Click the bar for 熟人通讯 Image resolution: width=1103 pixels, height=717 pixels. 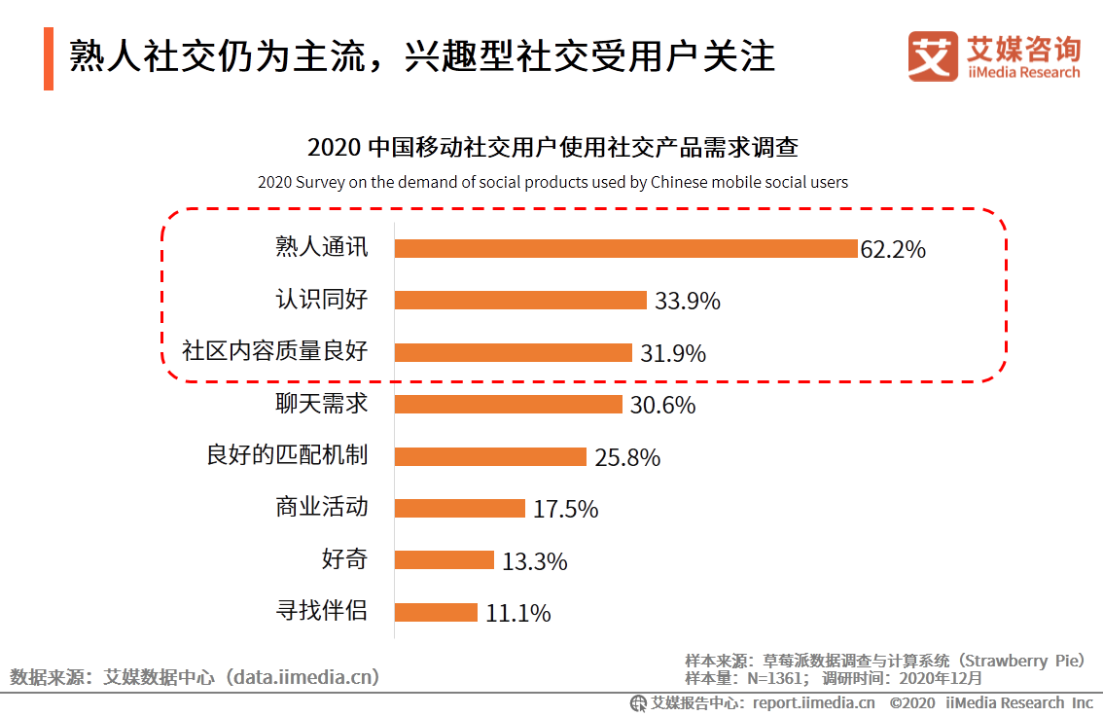click(x=625, y=248)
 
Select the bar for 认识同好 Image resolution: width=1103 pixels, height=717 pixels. click(x=520, y=300)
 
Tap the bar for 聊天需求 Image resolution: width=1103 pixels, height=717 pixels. click(x=508, y=404)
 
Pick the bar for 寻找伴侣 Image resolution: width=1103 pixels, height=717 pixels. click(x=436, y=612)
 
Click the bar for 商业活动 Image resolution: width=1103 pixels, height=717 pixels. click(x=460, y=508)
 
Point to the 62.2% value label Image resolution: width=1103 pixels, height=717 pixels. click(x=893, y=249)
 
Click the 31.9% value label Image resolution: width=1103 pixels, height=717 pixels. click(x=673, y=353)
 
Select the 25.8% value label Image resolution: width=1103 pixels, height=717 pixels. click(x=627, y=457)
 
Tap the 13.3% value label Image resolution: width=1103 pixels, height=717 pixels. click(x=535, y=561)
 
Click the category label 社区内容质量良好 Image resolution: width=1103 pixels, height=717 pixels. click(x=275, y=351)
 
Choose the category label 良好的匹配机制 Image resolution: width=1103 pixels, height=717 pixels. click(x=287, y=455)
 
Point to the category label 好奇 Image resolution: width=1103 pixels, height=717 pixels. click(x=344, y=559)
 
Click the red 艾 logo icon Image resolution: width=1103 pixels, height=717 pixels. click(x=933, y=56)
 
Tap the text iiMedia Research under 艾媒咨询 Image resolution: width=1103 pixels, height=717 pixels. click(x=1023, y=73)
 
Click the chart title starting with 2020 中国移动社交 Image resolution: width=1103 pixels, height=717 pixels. click(x=552, y=148)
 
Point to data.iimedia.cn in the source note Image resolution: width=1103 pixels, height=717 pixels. click(x=302, y=676)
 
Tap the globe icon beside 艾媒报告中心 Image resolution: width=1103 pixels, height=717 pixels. click(x=638, y=702)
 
